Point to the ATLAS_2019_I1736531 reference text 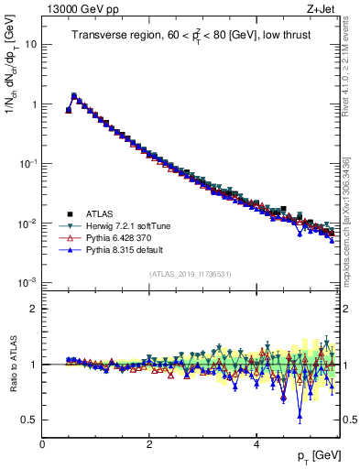click(x=191, y=274)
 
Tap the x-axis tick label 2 click(x=149, y=443)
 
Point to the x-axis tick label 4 click(x=256, y=443)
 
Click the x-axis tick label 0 click(x=42, y=443)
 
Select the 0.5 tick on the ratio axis click(x=30, y=420)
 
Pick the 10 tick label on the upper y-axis click(x=30, y=44)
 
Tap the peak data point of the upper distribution click(x=74, y=95)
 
